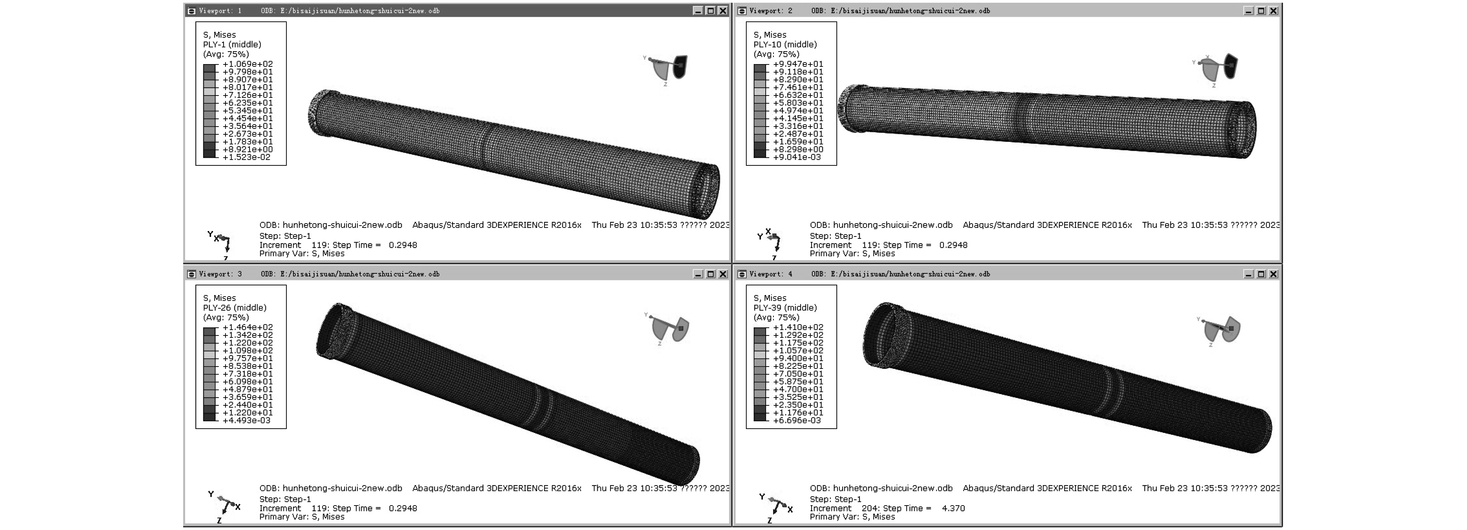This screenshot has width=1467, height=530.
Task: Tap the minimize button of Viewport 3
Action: tap(698, 274)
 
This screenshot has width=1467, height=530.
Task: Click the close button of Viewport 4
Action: tap(1273, 274)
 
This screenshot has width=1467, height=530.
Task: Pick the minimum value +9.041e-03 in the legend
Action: tap(797, 157)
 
